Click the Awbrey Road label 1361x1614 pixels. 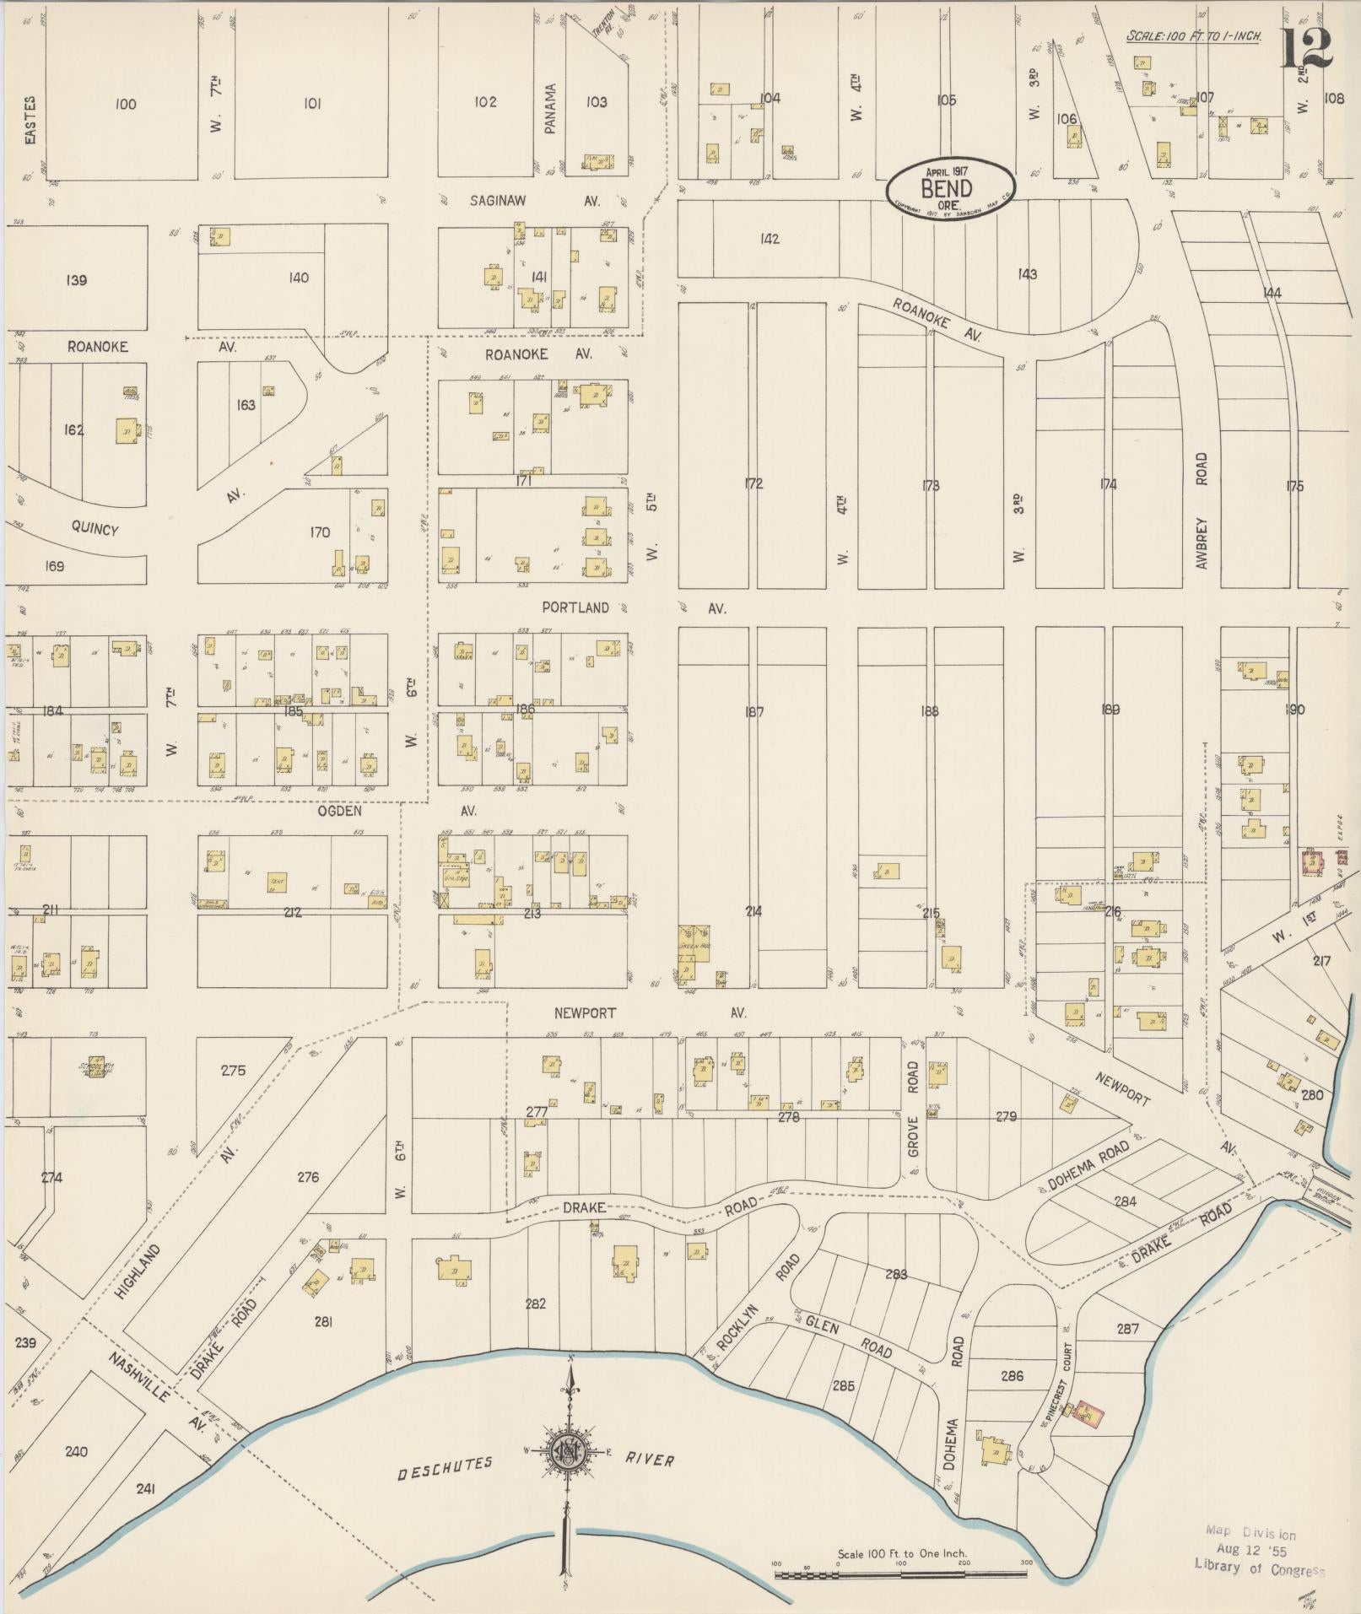(x=1202, y=510)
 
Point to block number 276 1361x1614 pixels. (x=308, y=1176)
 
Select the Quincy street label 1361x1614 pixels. (x=95, y=528)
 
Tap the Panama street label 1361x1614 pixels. (x=551, y=108)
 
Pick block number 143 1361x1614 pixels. (x=1027, y=274)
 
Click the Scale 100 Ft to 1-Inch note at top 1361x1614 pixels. (x=1194, y=36)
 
